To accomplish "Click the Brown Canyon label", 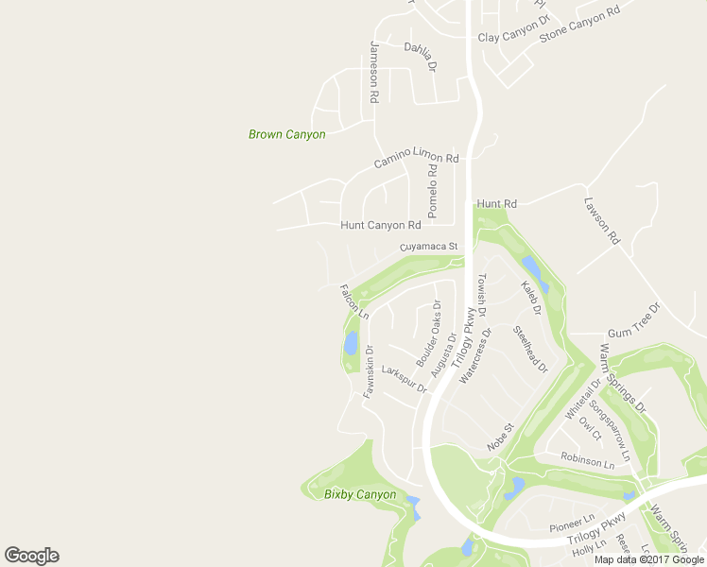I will (286, 134).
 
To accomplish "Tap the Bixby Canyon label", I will (360, 494).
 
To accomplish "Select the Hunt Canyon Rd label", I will (380, 226).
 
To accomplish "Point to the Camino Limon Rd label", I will (416, 161).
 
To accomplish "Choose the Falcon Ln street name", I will (353, 300).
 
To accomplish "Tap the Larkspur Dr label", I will (404, 379).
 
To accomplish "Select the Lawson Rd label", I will (600, 221).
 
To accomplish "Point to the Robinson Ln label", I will (587, 460).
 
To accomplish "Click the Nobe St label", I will (499, 436).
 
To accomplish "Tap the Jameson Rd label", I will (374, 72).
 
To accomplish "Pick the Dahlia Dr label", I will (422, 56).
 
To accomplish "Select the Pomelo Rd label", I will (432, 190).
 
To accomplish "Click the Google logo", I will (31, 556).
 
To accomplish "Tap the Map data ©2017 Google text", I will (647, 559).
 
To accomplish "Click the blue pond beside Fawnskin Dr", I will (351, 341).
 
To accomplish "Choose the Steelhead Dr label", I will (529, 349).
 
